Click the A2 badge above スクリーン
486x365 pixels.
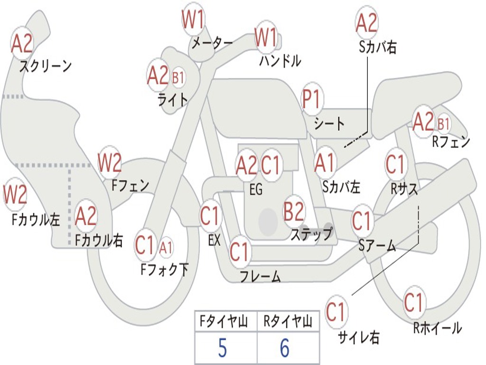(x=22, y=43)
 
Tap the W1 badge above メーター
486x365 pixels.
(x=194, y=19)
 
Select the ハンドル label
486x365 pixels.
(x=280, y=60)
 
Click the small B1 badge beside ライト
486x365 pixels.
(x=178, y=77)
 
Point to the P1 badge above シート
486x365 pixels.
(x=312, y=99)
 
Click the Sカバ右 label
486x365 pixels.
(x=377, y=47)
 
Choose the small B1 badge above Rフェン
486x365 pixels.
(x=444, y=124)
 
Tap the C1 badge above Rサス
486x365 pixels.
(x=395, y=164)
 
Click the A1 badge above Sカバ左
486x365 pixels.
(x=325, y=163)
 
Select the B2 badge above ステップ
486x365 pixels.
(x=294, y=211)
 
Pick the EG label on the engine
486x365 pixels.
(x=256, y=189)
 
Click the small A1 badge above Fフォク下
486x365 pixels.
(x=166, y=248)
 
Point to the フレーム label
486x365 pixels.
(x=261, y=276)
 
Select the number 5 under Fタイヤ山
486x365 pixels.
(x=223, y=347)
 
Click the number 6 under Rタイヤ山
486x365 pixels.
(x=285, y=347)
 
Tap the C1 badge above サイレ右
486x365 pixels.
(x=336, y=312)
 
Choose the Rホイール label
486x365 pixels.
(x=438, y=328)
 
